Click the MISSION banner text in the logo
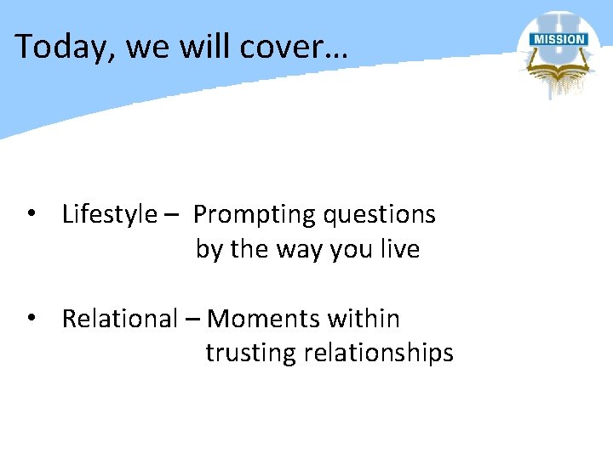(x=558, y=39)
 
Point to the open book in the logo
(x=557, y=68)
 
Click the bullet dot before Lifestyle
(x=31, y=214)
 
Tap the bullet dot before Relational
(x=31, y=319)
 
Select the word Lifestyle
(x=110, y=215)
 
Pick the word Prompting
(x=255, y=215)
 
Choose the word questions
(x=380, y=215)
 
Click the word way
(x=291, y=251)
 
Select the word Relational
(x=119, y=320)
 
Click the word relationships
(x=381, y=354)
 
